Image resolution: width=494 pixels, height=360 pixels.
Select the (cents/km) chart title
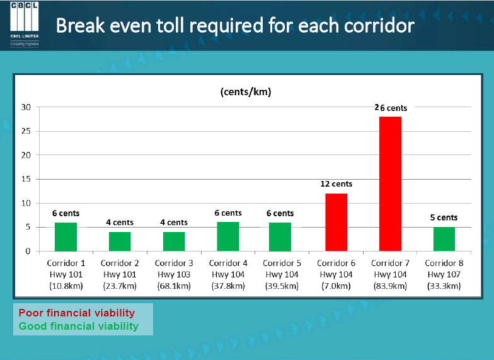tap(246, 92)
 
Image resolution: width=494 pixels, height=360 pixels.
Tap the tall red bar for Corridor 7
tap(390, 183)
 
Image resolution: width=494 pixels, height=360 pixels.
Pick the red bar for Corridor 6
tap(336, 222)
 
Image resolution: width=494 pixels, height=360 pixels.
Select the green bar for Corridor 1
tap(66, 236)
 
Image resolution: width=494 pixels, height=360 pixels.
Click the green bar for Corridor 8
tap(444, 239)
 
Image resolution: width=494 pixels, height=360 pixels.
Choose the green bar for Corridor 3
tap(174, 241)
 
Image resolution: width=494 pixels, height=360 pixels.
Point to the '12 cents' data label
tap(335, 184)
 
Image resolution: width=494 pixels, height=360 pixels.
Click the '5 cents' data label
tap(444, 218)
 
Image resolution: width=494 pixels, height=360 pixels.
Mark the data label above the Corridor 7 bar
tap(391, 108)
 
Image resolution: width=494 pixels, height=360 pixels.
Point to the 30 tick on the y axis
tap(26, 107)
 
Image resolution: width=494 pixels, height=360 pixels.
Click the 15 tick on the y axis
tap(26, 179)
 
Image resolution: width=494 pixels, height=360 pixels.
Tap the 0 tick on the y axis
tap(28, 251)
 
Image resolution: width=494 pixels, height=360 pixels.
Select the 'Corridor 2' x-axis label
tap(120, 264)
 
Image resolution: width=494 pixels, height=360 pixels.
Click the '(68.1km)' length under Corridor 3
tap(174, 286)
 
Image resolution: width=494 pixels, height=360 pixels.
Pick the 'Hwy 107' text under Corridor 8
tap(444, 275)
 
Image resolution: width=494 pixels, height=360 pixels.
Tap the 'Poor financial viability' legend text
tap(77, 313)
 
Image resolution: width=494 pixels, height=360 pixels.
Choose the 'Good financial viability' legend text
tap(79, 326)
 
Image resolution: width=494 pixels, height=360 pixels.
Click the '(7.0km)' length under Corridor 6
tap(336, 286)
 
